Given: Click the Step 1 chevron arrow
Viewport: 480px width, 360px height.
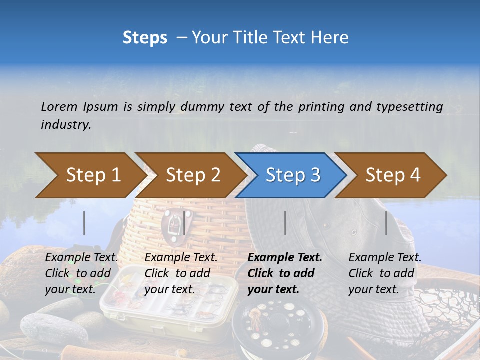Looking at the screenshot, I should pos(90,175).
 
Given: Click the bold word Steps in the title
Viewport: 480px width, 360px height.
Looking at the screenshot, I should pos(145,38).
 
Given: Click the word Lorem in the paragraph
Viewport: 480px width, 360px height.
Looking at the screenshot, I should pos(59,106).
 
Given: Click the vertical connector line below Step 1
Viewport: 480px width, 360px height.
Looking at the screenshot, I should pos(84,223).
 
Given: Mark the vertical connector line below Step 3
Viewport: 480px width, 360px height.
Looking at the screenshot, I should pos(285,223).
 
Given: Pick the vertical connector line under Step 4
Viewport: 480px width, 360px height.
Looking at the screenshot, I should pos(386,223).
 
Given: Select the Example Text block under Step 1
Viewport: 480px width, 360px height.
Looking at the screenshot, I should pos(81,273).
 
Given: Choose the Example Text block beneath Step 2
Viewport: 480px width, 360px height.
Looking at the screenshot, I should pos(180,273).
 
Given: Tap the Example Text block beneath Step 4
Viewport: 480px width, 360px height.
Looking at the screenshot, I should pos(384,273).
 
